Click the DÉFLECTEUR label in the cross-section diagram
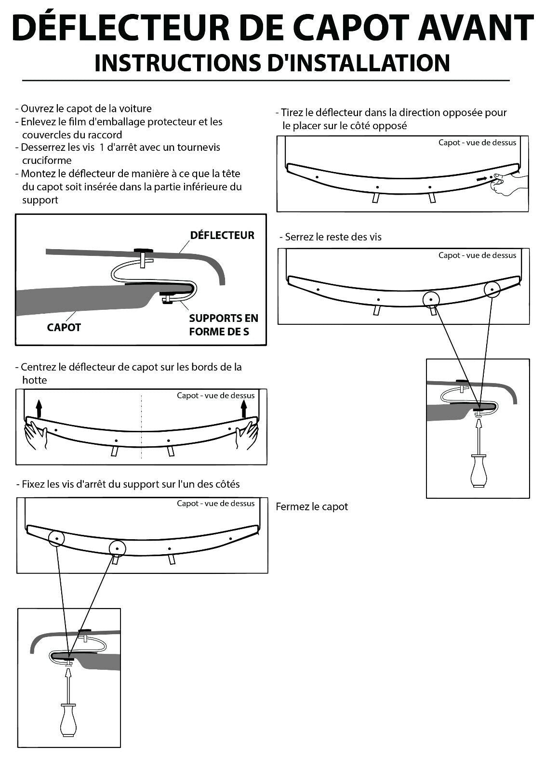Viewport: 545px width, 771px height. point(222,235)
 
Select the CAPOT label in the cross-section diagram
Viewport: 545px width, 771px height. point(64,328)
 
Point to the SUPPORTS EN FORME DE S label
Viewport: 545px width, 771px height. point(224,325)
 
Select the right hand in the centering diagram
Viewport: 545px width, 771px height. point(246,434)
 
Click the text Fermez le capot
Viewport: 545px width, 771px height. point(312,507)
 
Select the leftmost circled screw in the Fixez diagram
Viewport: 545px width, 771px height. point(56,537)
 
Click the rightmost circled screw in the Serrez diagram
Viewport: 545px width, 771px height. point(492,290)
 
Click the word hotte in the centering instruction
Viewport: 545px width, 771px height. point(35,380)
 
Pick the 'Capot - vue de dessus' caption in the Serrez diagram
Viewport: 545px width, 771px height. point(477,255)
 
